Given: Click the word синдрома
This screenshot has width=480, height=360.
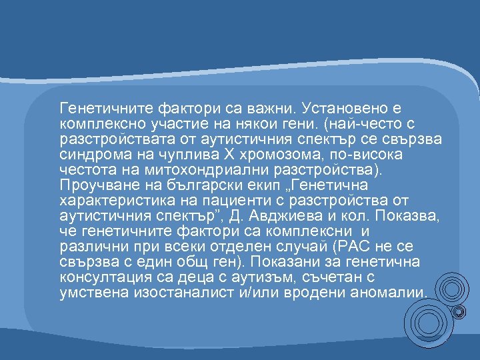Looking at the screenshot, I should [x=88, y=153].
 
